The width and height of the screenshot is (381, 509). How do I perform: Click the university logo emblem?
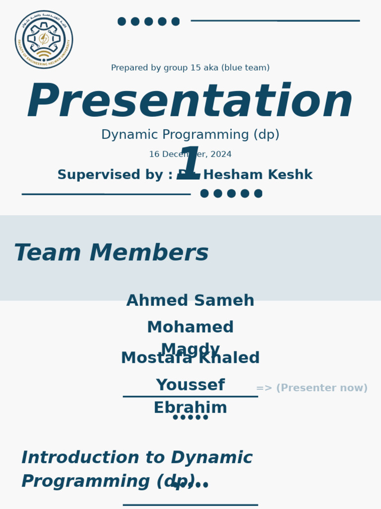tap(44, 39)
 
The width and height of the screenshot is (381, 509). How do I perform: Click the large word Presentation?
tap(190, 102)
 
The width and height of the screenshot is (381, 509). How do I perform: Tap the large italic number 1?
tap(190, 163)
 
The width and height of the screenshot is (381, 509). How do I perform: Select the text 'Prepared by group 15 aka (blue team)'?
tap(190, 68)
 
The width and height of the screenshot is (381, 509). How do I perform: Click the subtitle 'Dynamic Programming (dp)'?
tap(190, 135)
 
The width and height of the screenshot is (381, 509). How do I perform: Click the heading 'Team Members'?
tap(111, 253)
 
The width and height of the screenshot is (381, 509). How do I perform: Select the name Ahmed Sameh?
tap(190, 301)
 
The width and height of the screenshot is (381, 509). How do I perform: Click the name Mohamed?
tap(190, 328)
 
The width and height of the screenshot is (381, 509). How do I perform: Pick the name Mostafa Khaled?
tap(190, 358)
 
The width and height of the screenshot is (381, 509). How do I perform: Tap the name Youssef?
tap(190, 385)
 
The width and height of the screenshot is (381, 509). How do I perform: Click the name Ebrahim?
tap(190, 408)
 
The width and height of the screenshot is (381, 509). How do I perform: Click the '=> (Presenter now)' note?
tap(312, 388)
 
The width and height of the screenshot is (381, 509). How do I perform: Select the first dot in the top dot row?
tap(122, 21)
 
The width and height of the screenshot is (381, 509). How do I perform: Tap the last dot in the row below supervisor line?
tap(258, 193)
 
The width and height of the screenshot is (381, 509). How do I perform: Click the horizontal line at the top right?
tap(275, 21)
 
